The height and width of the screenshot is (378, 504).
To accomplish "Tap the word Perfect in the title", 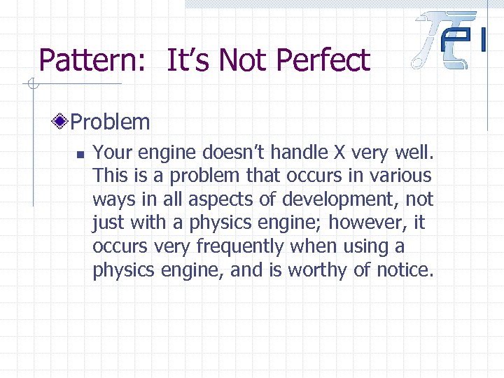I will (327, 62).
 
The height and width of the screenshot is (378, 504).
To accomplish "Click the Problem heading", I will (110, 122).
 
